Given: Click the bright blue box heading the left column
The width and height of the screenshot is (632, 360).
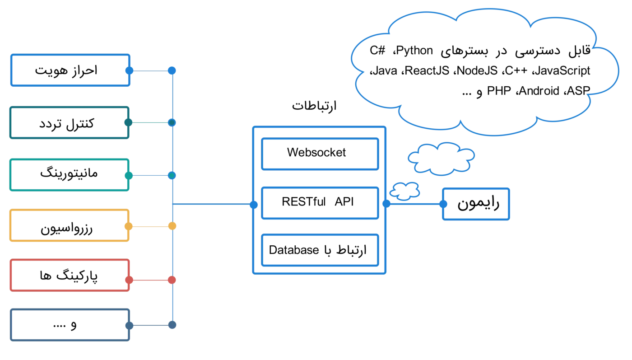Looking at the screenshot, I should pos(70,70).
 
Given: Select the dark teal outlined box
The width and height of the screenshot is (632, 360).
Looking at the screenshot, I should pos(69,122).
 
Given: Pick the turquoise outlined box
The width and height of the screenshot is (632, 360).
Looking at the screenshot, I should pos(69,174).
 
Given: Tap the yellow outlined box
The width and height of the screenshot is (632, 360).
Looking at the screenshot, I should pos(69,225).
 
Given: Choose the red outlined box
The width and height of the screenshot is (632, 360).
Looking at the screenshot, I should pos(69,275).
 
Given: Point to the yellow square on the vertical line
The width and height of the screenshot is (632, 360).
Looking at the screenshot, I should pos(172,226).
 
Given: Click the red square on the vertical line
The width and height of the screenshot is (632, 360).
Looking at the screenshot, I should pos(172,280).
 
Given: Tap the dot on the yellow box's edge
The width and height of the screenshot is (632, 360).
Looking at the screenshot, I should pos(129,226).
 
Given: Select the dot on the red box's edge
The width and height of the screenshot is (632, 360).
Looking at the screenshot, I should pos(129,280).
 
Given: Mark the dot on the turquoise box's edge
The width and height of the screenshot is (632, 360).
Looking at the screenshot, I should pos(129,175).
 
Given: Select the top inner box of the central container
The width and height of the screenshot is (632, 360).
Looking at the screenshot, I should pos(320,155).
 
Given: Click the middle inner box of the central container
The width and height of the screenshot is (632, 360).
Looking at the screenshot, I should pos(320,203).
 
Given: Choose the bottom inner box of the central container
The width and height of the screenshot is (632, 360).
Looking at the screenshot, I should pos(320,250).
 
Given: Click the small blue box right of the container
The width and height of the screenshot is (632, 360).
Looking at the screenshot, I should pos(476,204).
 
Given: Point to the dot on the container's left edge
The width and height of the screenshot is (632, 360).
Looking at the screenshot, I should pos(254,205).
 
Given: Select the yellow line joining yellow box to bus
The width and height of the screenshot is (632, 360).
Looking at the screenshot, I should pos(150,226).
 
